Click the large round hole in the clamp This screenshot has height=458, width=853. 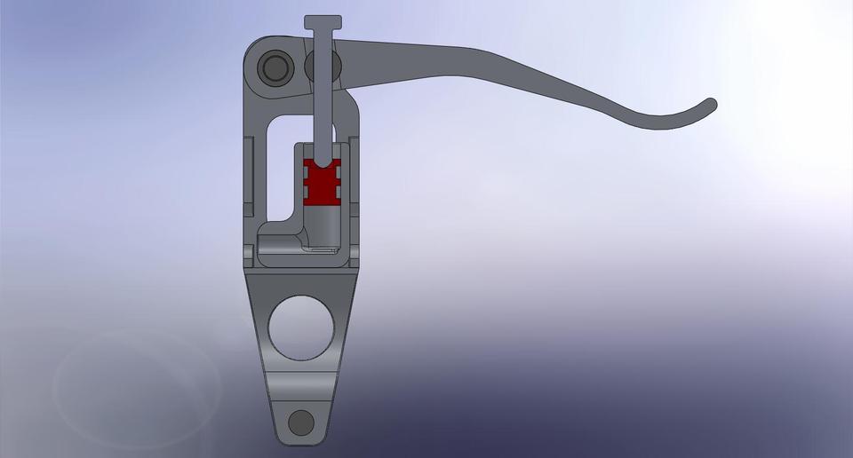301,327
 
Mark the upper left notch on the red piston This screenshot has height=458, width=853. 307,174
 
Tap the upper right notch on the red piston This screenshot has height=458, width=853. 337,174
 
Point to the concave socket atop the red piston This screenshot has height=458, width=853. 322,163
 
